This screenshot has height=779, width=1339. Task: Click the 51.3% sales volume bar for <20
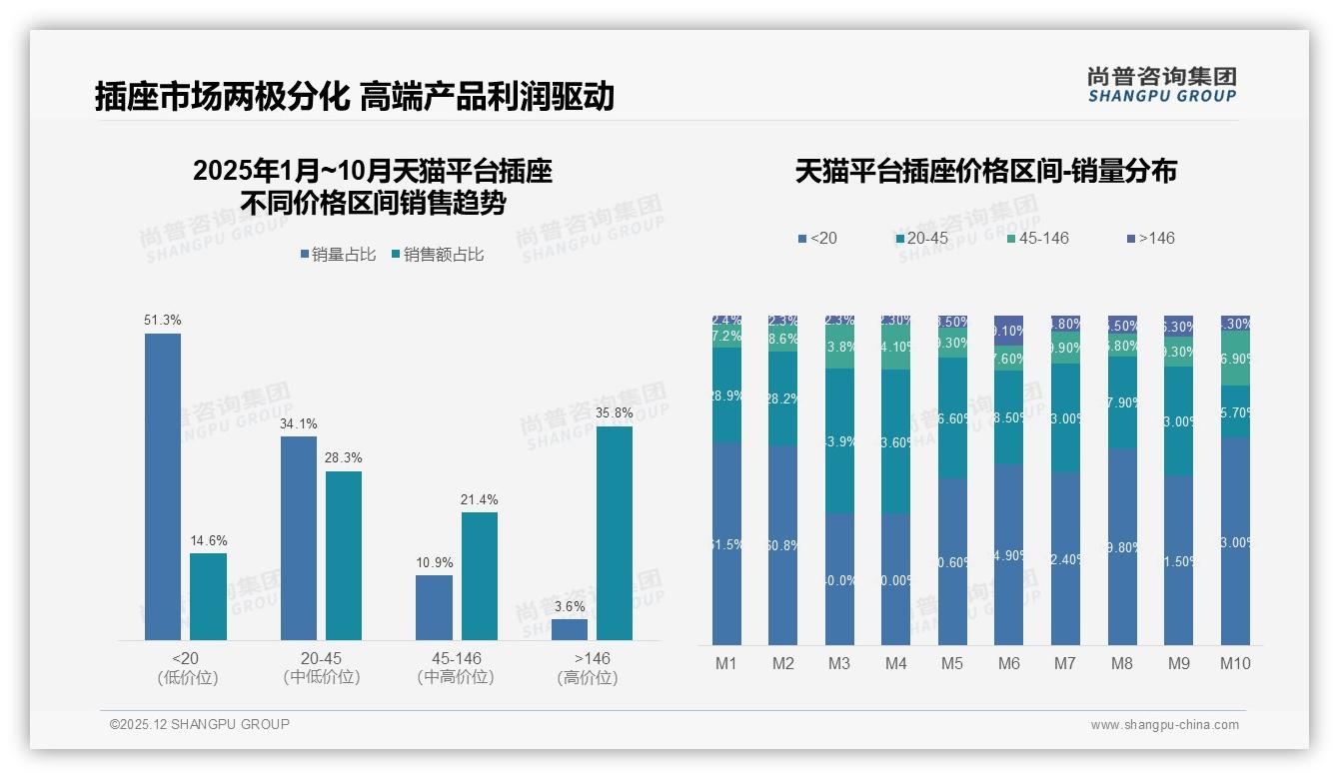pos(163,486)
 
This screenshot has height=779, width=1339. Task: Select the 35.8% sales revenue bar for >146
pos(614,532)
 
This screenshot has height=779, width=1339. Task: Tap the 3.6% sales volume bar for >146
pos(569,629)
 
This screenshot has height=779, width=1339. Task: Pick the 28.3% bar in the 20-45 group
pos(344,555)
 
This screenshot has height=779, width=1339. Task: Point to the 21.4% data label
pos(479,499)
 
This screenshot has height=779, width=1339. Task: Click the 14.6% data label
pos(208,540)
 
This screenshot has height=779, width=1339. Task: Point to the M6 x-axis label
pos(1008,663)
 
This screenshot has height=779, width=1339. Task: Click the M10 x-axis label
pos(1234,663)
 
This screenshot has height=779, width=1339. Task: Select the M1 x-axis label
pos(726,663)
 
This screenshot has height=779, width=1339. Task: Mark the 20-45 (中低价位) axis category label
pos(321,667)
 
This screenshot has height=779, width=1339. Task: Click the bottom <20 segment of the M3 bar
pos(839,579)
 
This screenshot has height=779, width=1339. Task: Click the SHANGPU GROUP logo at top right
pos(1161,85)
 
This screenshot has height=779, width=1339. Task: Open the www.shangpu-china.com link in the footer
pos(1164,725)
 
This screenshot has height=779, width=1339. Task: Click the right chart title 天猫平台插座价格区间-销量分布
pos(985,171)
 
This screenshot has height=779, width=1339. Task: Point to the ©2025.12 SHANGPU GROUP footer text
pos(200,724)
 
